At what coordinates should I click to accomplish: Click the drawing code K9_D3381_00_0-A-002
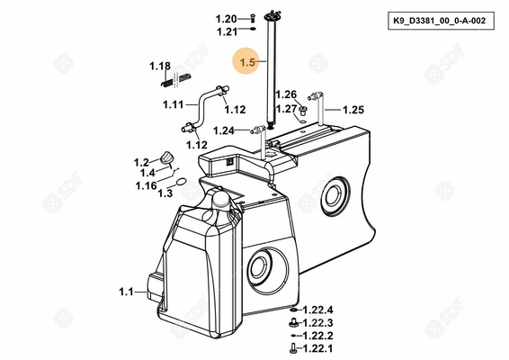coord(440,21)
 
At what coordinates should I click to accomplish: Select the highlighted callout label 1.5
coord(247,62)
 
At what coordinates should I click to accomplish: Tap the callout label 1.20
coord(227,19)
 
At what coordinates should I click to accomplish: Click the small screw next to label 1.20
coord(253,18)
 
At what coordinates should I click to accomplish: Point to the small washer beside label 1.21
coord(253,29)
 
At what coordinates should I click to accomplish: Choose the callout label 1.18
coord(160,67)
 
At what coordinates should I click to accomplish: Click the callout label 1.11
coord(173,104)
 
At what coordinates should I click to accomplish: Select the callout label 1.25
coord(353,110)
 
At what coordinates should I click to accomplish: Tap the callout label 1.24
coord(223,130)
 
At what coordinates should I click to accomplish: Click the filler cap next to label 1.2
coord(167,157)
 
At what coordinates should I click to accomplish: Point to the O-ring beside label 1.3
coord(182,181)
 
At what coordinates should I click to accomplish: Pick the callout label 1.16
coord(146,185)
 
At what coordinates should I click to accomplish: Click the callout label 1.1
coord(126,292)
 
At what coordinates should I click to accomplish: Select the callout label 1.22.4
coord(317,310)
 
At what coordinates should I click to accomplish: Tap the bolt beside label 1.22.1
coord(292,348)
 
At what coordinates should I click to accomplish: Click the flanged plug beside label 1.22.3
coord(293,322)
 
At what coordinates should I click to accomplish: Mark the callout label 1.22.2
coord(317,336)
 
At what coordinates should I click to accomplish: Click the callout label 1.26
coord(286,94)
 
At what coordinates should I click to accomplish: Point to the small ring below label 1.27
coord(303,121)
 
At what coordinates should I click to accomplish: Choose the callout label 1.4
coord(147,173)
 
